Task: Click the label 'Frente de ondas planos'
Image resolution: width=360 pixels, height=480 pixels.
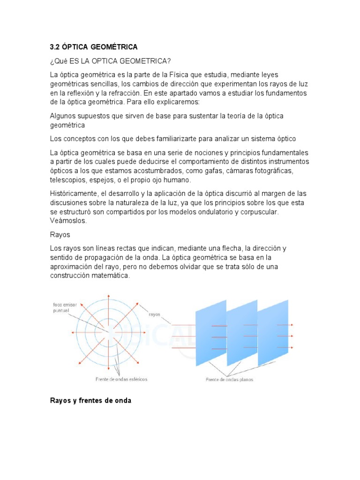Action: [x=229, y=380]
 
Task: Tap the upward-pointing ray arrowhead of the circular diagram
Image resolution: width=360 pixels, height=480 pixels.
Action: [x=109, y=296]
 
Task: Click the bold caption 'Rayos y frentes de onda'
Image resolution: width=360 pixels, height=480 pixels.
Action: [x=90, y=401]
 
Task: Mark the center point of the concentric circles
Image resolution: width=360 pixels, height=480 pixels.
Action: [x=109, y=333]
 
